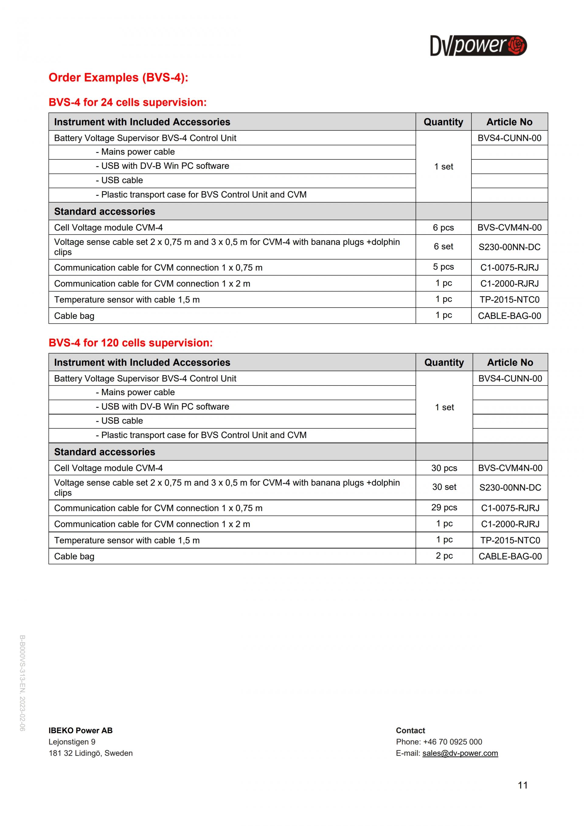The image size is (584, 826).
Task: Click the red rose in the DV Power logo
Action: click(517, 45)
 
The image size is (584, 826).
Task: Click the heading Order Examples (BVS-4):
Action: click(118, 77)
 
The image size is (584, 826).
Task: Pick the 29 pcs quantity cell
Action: click(444, 507)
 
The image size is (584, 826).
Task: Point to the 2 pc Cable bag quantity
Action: click(444, 556)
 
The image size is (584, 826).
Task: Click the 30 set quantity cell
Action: click(444, 487)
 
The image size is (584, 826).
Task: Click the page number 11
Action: click(523, 785)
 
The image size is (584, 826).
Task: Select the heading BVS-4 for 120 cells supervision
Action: click(130, 343)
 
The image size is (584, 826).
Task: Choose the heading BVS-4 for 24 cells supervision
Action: click(128, 102)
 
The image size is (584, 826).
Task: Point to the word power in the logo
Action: click(480, 45)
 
